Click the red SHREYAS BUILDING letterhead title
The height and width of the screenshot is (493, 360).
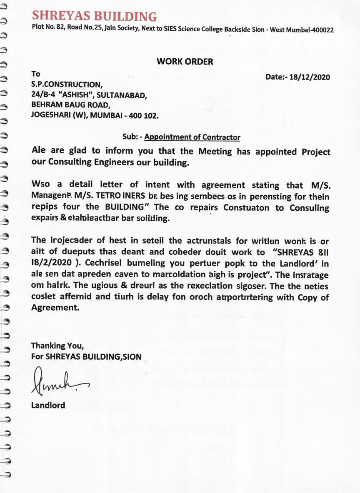pos(95,16)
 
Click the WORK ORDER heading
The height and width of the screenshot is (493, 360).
pos(185,62)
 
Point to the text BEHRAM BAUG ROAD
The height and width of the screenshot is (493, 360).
pos(70,105)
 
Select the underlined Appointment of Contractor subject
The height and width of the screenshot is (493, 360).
pos(192,137)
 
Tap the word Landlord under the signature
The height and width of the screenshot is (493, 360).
pos(48,405)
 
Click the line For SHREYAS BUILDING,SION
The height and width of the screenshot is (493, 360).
pos(86,356)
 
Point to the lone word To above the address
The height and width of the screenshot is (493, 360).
pos(36,74)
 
